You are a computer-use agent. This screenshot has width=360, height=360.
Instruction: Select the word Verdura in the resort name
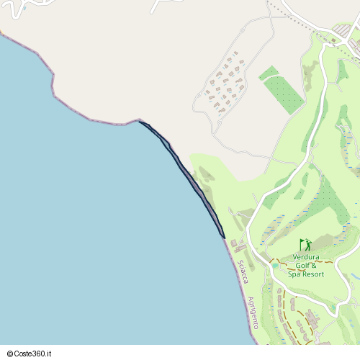pos(306,257)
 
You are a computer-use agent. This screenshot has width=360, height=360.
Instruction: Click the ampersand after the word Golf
pos(314,266)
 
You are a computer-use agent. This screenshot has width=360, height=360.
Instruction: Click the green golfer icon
pos(305,245)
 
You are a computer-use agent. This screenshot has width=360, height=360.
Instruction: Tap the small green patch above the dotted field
pos(268,73)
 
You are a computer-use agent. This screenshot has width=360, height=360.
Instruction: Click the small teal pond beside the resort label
pos(275,266)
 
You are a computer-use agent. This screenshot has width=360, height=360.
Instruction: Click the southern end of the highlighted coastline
pos(224,237)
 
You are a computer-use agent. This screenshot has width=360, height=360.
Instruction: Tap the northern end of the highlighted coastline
pos(140,122)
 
